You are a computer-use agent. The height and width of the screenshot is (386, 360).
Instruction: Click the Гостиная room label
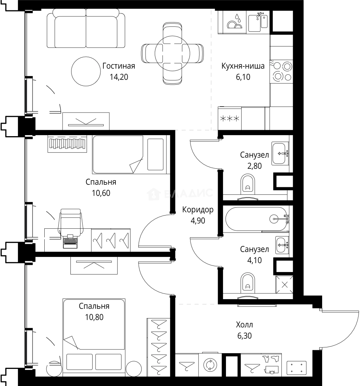pos(119,66)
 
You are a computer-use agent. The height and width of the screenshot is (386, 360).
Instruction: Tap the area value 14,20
pos(119,77)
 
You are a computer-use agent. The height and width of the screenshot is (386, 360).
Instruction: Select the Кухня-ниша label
pos(243,66)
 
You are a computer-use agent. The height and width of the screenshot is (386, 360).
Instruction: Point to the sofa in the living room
pos(86,28)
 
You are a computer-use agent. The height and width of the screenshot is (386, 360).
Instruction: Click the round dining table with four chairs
pos(172,53)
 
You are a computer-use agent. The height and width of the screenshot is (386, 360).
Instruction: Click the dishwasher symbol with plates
pos(235,22)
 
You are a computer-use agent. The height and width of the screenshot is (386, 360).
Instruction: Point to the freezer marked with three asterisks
pos(230,119)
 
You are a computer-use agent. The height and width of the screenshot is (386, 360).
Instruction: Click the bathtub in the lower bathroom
pos(256,219)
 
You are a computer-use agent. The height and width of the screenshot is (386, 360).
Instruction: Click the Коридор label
pos(198,210)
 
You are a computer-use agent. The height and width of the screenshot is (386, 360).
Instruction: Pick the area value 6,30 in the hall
pos(245,336)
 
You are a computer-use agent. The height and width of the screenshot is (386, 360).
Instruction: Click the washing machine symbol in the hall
pos(210,365)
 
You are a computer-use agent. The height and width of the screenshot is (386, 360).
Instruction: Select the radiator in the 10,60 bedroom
pos(67,144)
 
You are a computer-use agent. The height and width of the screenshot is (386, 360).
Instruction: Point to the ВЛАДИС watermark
pos(180,194)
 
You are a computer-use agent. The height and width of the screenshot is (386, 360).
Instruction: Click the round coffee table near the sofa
pos(86,71)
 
